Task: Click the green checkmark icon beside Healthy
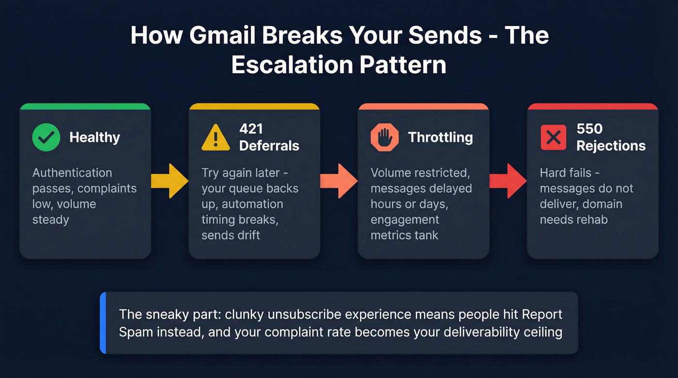coord(46,137)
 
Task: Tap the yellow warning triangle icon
coord(216,137)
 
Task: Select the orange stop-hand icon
coord(385,137)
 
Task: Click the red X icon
coord(553,137)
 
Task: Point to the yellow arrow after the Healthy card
coord(169,181)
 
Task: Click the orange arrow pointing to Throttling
coord(339,181)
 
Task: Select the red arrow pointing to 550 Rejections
coord(508,181)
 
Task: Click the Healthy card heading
coord(94,137)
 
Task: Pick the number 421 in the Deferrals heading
coord(251,129)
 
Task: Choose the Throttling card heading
coord(440,137)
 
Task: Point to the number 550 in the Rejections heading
coord(589,129)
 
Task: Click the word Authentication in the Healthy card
coord(72,173)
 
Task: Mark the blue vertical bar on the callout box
coord(103,323)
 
